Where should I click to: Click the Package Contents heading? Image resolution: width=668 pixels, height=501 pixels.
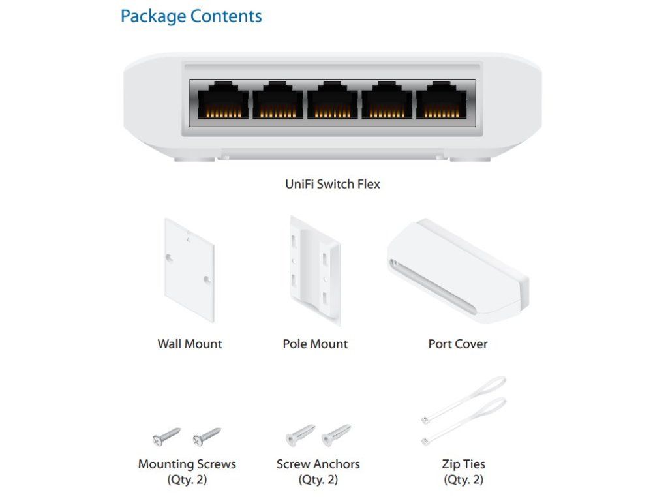click(191, 16)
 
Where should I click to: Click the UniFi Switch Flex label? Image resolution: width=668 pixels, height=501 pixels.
click(332, 184)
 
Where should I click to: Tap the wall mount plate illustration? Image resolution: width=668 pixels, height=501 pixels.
click(189, 269)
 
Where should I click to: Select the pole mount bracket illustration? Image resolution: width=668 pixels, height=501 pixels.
click(315, 270)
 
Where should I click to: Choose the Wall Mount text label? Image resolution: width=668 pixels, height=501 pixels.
click(190, 344)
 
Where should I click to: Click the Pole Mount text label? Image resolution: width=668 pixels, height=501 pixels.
click(315, 344)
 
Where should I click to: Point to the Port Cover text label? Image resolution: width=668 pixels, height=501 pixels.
click(457, 344)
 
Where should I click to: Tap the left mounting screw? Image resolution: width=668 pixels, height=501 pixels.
click(166, 436)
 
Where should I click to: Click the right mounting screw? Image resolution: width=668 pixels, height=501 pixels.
click(207, 436)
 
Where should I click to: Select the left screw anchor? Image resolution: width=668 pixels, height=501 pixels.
click(299, 435)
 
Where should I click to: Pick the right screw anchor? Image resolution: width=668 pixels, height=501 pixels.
click(337, 434)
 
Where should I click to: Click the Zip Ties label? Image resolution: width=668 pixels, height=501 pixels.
click(463, 465)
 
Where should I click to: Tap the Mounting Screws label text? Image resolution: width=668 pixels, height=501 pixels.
click(187, 465)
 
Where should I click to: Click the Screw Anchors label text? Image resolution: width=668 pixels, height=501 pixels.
click(318, 465)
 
